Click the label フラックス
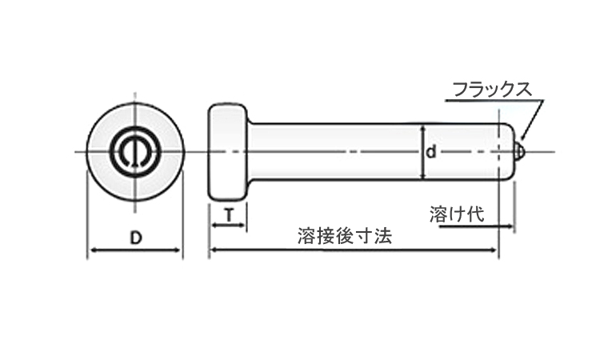492,90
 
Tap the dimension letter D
136,238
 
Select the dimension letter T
229,216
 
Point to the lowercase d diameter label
431,152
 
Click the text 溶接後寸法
345,236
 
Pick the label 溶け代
457,214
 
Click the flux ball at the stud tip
520,151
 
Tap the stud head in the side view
228,151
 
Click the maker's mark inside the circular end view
134,151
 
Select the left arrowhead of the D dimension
93,250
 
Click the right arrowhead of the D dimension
177,250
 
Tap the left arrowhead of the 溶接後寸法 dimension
214,250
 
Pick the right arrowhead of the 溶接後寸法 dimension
494,250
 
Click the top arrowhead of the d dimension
423,129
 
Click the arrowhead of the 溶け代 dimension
510,226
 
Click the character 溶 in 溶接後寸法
306,236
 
